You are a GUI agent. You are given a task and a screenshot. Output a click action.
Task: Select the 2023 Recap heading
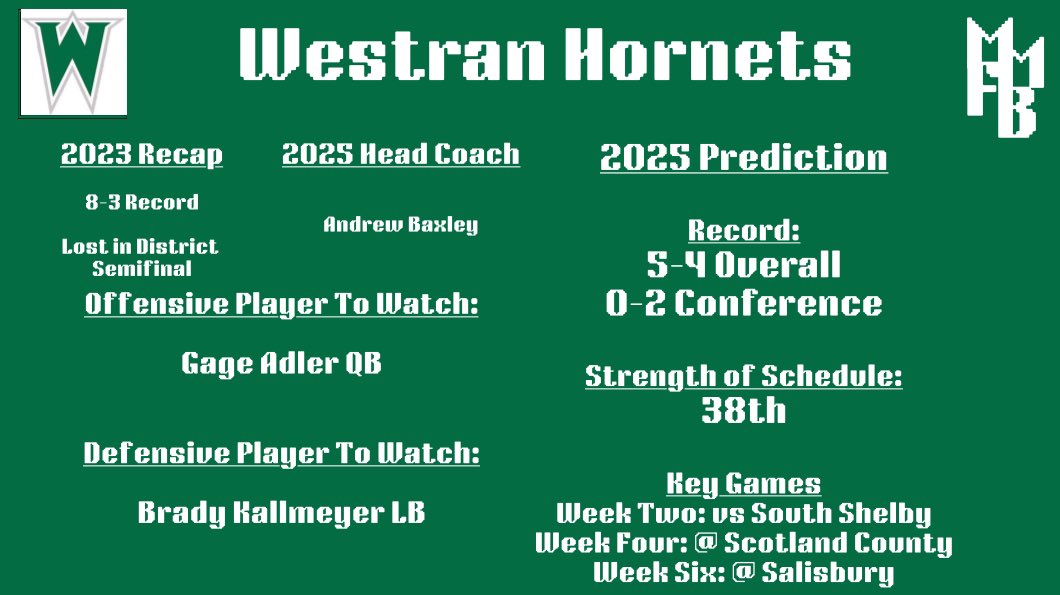pos(141,155)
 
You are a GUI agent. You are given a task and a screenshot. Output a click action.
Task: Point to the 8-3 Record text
pos(141,202)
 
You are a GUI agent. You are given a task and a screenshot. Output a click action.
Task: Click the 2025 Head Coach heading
pos(400,155)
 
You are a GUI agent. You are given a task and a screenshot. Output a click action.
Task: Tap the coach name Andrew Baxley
pos(400,225)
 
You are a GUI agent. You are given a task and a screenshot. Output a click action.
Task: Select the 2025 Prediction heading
pos(743,158)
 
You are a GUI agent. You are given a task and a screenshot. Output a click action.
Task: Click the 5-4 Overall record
pos(743,265)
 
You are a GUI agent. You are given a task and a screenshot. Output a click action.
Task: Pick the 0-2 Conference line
pos(743,303)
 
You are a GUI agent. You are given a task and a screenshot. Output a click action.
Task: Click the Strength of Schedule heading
pos(743,376)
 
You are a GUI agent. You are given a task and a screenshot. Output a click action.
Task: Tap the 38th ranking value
pos(743,411)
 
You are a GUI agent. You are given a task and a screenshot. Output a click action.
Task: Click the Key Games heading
pos(743,484)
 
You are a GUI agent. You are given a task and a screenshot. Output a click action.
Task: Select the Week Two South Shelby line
pos(743,514)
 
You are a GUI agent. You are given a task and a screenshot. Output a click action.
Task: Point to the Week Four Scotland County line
pos(743,543)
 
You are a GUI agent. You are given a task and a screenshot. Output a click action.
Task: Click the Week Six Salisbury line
pos(743,573)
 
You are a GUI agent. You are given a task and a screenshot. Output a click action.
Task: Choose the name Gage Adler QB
pos(281,363)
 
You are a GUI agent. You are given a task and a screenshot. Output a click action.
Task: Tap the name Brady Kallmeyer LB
pos(281,513)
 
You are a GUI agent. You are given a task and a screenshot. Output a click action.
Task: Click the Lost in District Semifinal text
pos(140,257)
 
